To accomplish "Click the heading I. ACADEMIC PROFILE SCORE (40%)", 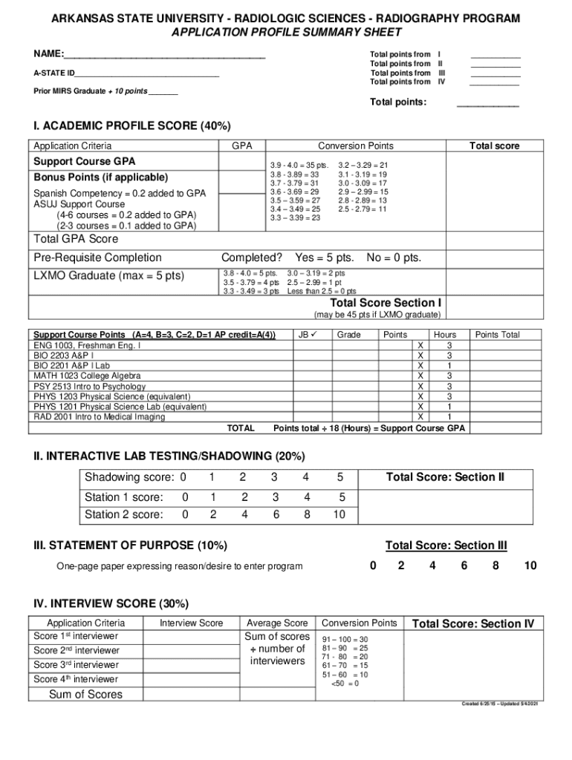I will point(131,126).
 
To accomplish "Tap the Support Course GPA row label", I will point(85,161).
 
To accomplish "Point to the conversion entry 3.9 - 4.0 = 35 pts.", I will point(299,165).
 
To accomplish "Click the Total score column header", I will point(494,146).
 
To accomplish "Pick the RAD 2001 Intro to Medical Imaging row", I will point(100,417).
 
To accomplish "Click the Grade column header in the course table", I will point(348,335).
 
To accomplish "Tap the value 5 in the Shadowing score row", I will point(340,476).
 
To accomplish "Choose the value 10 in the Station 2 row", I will point(339,514).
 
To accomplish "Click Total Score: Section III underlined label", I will point(446,546).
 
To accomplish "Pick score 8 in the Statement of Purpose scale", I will point(495,566).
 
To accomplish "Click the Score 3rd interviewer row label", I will point(76,665).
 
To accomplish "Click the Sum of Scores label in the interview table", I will point(85,695).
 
